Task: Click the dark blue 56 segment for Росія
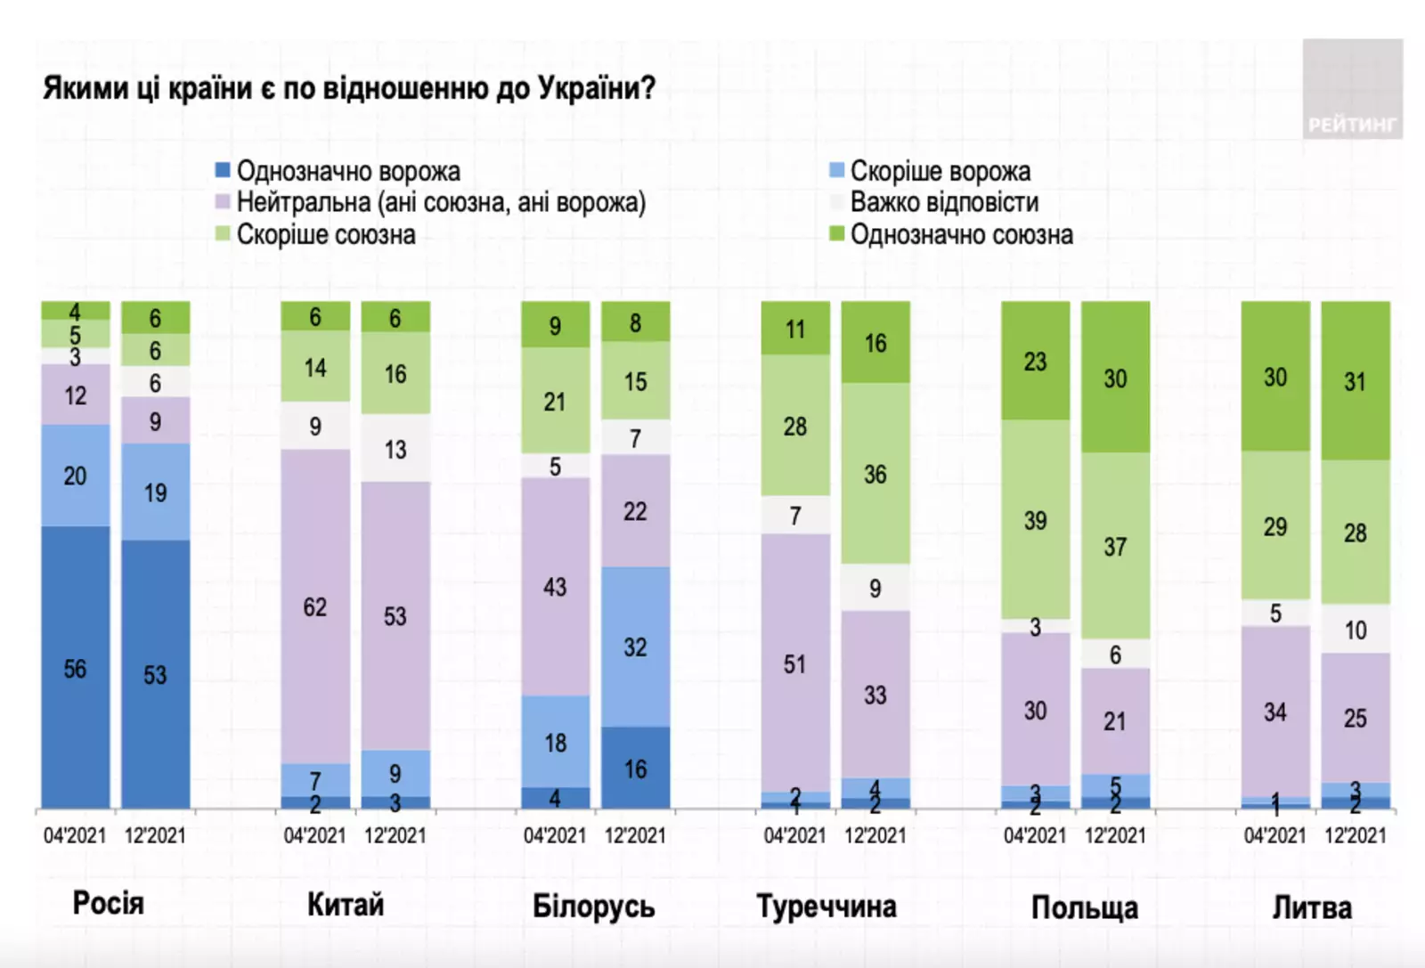point(76,668)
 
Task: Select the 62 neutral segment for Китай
point(315,606)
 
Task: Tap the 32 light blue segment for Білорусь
point(635,647)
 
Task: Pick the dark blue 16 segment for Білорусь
point(635,768)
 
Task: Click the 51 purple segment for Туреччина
point(794,663)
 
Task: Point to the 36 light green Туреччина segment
point(875,474)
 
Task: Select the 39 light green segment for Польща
point(1035,520)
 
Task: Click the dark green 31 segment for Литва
point(1355,381)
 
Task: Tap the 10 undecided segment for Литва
point(1355,630)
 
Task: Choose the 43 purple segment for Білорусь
point(555,587)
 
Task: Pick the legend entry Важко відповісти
point(944,203)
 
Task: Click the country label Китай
point(346,905)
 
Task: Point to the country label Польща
point(1084,907)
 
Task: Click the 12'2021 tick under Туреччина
point(875,835)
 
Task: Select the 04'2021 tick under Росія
point(75,835)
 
